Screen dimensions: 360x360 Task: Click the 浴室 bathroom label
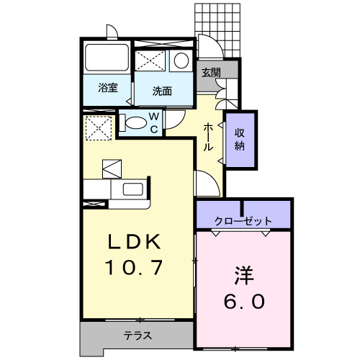point(108,89)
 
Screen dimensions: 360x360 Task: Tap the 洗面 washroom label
point(162,91)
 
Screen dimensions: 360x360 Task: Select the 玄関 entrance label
point(210,73)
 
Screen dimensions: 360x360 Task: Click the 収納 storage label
point(240,138)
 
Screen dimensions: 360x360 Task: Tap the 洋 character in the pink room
point(243,274)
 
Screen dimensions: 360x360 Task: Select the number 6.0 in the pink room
point(243,300)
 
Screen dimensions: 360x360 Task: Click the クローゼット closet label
point(243,220)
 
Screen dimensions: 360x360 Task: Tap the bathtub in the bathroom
point(107,57)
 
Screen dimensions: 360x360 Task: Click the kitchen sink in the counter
point(134,190)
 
